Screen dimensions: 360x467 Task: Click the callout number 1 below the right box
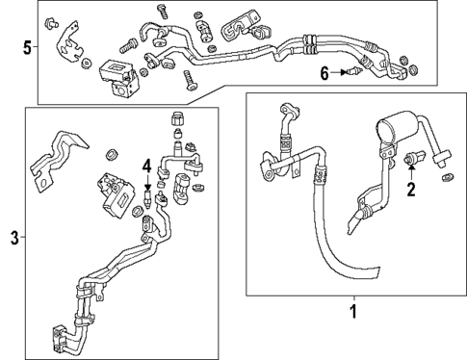tap(352, 312)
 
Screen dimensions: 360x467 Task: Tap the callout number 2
tap(411, 190)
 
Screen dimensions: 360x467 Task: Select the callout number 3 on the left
tap(13, 238)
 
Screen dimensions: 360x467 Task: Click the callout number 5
tap(27, 45)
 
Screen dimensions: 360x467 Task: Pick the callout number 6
tap(325, 72)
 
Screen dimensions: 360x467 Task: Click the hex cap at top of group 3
tap(176, 121)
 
